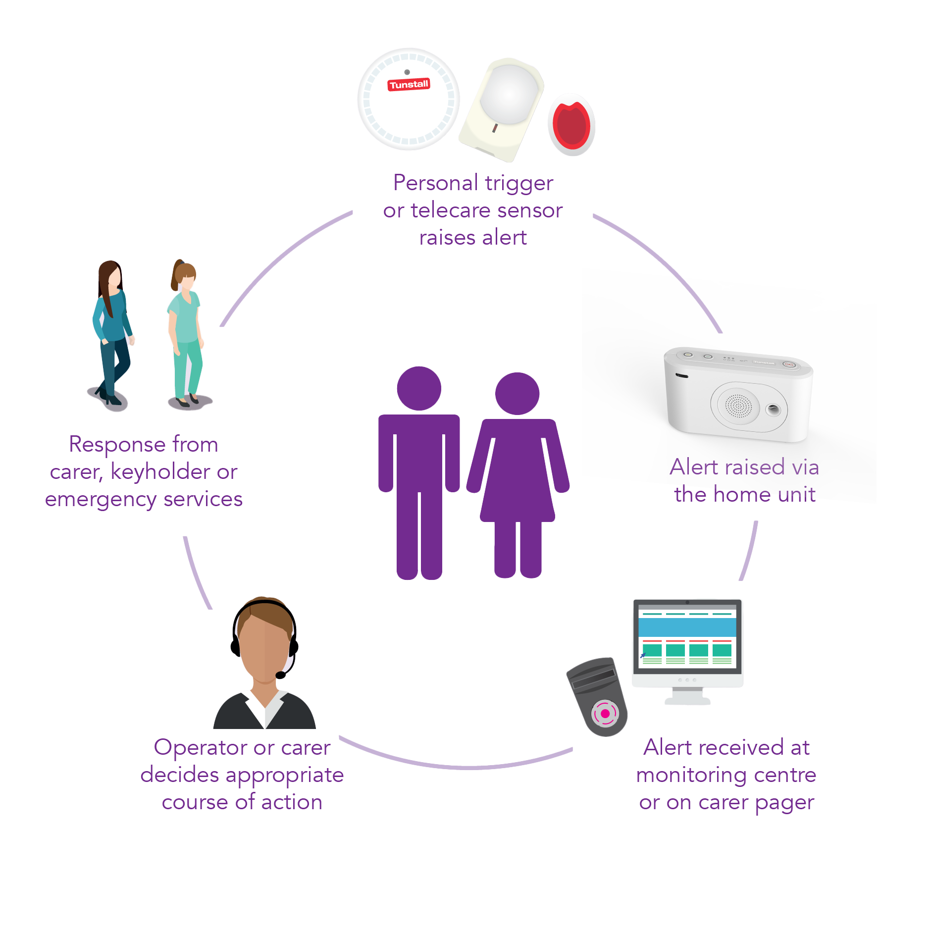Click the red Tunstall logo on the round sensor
pos(409,85)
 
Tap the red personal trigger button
pos(571,125)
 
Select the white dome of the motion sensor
pos(509,94)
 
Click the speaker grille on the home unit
pos(738,406)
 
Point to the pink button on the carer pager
pos(605,714)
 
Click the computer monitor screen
pos(687,637)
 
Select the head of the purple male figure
pos(419,388)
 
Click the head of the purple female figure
pos(517,394)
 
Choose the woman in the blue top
pos(113,334)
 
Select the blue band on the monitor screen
pos(687,627)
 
